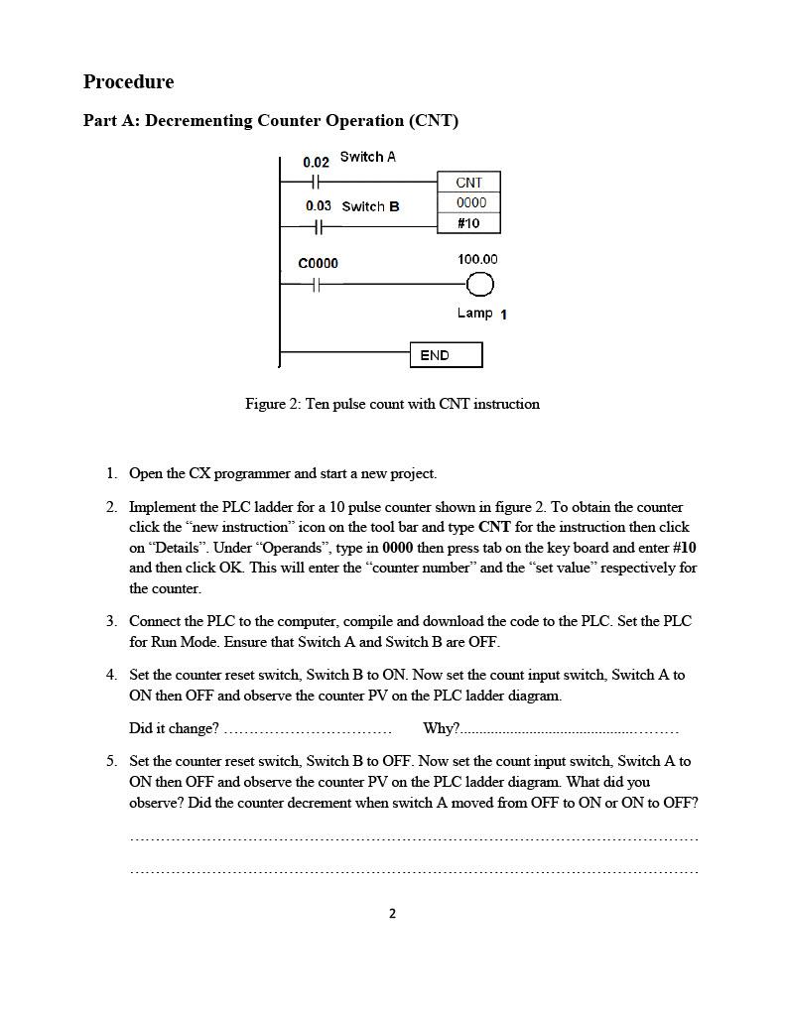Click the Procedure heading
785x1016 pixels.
pos(128,82)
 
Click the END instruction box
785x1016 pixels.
pos(446,355)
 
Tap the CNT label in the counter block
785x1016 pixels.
pos(468,183)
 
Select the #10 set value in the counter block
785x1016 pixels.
pos(468,223)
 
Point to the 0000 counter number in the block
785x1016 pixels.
pos(470,202)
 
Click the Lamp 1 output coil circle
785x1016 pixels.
pos(479,286)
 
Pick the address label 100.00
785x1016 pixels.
pos(477,260)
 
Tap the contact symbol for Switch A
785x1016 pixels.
pos(316,183)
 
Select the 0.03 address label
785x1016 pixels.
pos(319,206)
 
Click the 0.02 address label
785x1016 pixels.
pos(316,162)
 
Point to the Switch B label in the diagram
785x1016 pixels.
pos(370,206)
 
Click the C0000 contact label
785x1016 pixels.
pos(318,264)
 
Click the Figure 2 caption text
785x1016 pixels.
pos(392,404)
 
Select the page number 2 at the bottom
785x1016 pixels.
pos(392,914)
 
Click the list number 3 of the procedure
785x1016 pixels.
pos(111,621)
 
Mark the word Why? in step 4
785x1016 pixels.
pos(441,728)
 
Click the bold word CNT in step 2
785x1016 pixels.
pos(494,527)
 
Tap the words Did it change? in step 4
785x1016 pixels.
pos(174,728)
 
